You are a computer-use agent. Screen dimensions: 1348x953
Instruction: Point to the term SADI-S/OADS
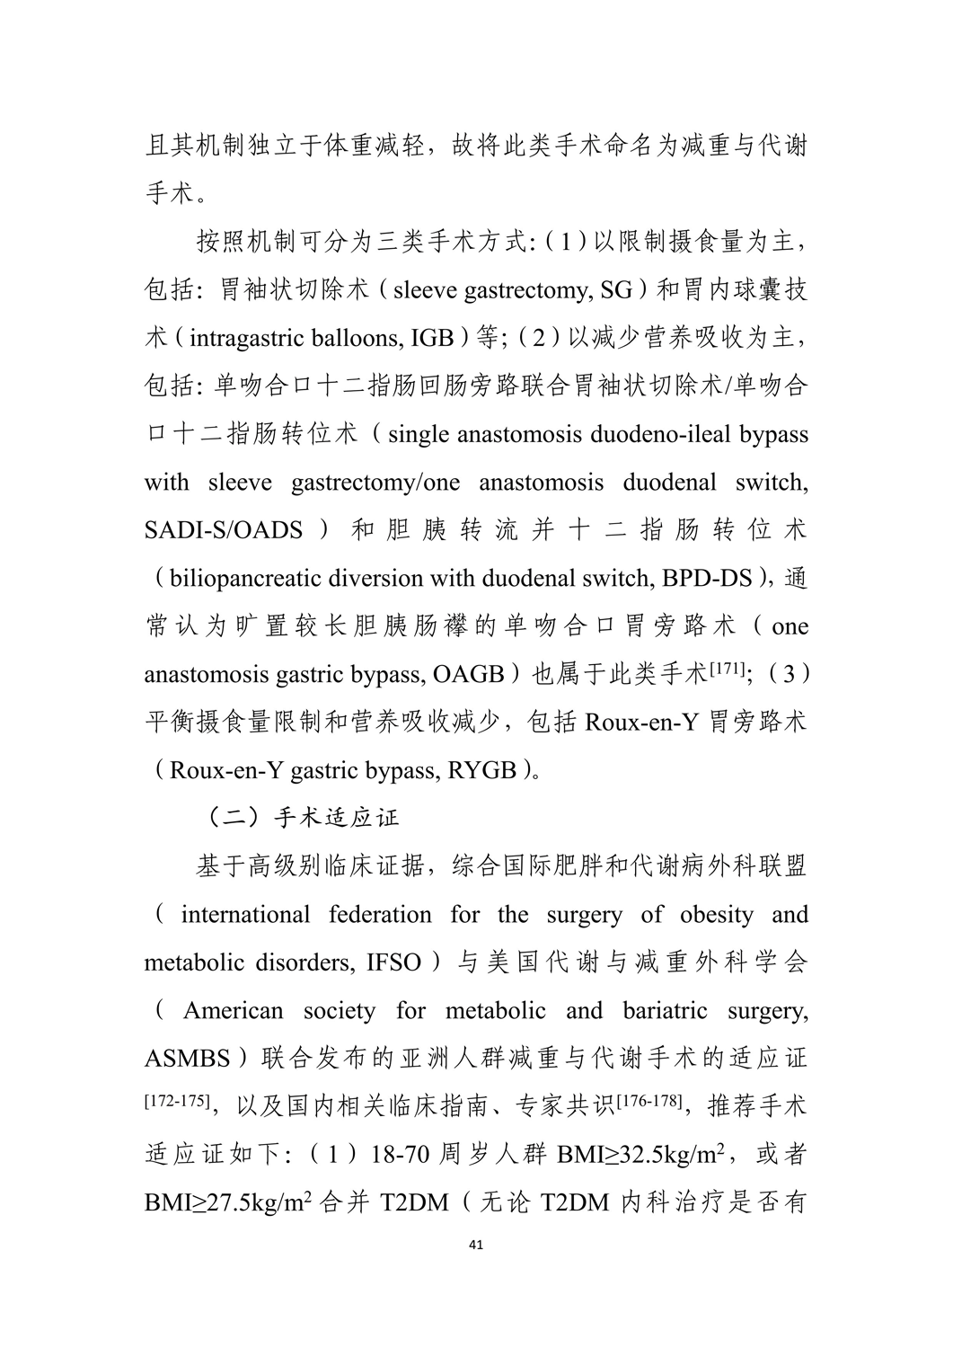(x=223, y=530)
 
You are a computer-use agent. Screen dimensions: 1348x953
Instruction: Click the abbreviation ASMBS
(x=187, y=1059)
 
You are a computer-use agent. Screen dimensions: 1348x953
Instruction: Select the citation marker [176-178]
(x=649, y=1100)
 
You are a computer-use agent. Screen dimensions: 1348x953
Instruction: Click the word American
(x=233, y=1010)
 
